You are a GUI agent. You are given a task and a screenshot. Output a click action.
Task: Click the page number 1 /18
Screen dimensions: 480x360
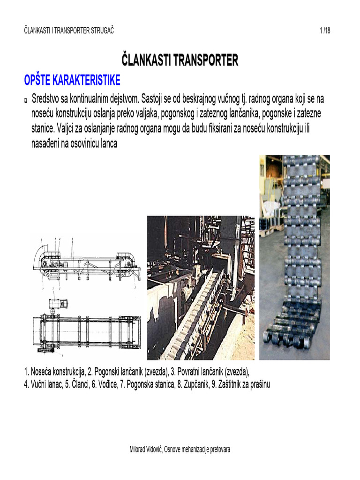pyautogui.click(x=325, y=31)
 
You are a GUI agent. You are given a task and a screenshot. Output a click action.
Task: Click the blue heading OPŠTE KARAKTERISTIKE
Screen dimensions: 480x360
pyautogui.click(x=72, y=80)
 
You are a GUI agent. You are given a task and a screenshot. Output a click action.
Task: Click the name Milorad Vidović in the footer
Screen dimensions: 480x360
pyautogui.click(x=145, y=450)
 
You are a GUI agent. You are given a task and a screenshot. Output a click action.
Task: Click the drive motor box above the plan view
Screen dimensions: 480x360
pyautogui.click(x=59, y=303)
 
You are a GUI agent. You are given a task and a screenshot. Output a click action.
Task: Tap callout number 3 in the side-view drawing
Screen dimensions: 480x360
pyautogui.click(x=136, y=289)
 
